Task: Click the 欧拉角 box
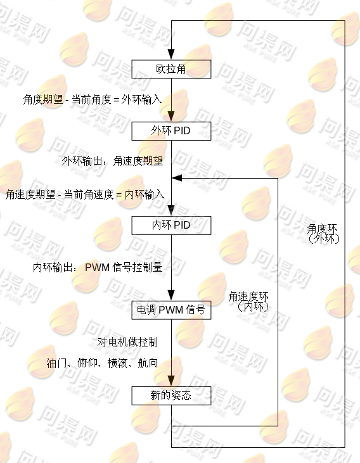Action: [x=171, y=69]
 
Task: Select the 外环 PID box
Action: [x=171, y=131]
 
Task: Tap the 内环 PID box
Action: [x=171, y=225]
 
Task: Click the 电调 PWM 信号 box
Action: [x=171, y=310]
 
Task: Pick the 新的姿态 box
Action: [x=171, y=395]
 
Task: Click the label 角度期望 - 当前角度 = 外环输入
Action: [x=93, y=99]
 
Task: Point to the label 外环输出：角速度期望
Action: [x=112, y=161]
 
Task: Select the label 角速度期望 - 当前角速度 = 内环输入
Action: [x=85, y=194]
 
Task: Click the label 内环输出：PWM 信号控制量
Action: [x=98, y=267]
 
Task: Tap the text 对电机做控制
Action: [x=127, y=342]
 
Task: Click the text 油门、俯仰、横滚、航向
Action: [x=102, y=363]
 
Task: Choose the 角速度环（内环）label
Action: [x=249, y=301]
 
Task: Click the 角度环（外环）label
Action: [x=323, y=234]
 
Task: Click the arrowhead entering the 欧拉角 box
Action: [x=171, y=54]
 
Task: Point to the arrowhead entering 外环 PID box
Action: [x=171, y=117]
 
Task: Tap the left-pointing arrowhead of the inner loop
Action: [x=177, y=178]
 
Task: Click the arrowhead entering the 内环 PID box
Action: [x=171, y=211]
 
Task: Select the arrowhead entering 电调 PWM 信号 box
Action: [x=171, y=296]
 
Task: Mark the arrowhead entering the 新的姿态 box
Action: [x=171, y=381]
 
